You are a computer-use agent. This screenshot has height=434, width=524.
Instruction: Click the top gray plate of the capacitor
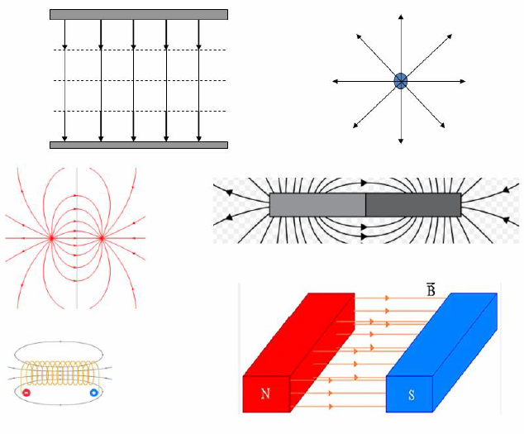tap(139, 14)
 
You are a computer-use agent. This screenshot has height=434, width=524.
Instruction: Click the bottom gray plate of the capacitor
tap(139, 145)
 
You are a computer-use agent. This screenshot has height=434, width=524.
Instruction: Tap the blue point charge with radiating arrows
tap(400, 81)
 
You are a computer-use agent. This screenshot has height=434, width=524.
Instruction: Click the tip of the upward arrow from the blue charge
tap(401, 14)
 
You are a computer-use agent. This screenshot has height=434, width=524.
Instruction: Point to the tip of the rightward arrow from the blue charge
tap(465, 81)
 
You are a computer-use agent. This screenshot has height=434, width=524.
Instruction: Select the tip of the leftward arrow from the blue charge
tap(333, 81)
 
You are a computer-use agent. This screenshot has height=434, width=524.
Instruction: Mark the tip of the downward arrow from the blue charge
tap(401, 144)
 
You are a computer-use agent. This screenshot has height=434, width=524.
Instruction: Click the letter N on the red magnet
tap(265, 393)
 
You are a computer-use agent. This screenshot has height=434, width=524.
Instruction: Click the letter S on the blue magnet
tap(411, 395)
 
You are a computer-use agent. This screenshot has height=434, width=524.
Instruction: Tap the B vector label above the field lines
tap(431, 289)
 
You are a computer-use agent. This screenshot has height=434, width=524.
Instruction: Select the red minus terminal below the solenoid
tap(26, 393)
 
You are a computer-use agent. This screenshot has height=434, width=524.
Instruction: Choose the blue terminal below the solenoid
tap(94, 393)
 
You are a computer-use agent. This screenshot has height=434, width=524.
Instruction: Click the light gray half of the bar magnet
tap(317, 205)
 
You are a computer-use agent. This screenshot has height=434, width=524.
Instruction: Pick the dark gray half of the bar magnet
tap(413, 205)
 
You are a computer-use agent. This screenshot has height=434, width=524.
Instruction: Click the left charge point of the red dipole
tap(51, 238)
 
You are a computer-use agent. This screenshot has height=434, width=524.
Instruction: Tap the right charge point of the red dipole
tap(102, 238)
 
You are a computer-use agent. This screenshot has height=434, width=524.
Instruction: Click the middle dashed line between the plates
tap(140, 80)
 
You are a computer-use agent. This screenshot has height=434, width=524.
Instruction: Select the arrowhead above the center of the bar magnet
tap(364, 183)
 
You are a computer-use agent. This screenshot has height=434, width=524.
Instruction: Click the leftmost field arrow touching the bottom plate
tap(64, 80)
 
